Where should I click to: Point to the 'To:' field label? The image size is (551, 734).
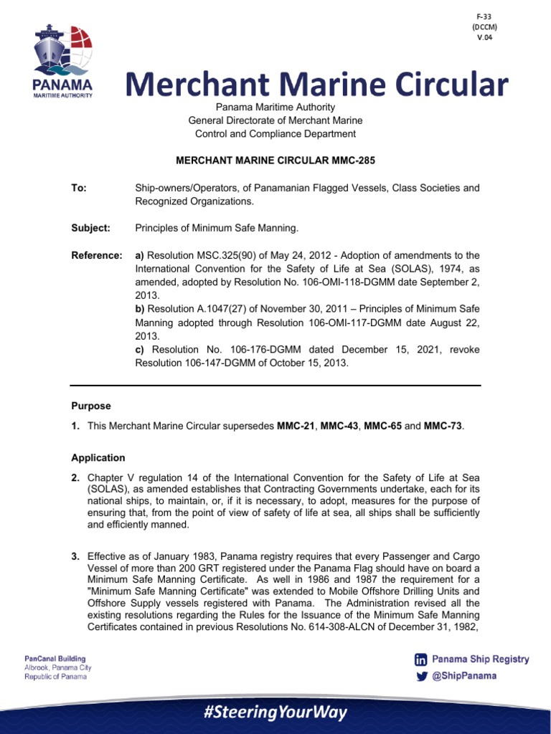pos(79,188)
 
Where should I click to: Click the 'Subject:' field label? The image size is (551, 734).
pos(90,228)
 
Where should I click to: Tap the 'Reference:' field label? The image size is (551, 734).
pos(96,255)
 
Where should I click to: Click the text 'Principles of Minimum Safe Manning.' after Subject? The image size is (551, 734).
pos(216,228)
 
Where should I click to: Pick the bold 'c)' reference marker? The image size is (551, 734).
pos(140,349)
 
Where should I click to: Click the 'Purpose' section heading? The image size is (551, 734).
pos(91,406)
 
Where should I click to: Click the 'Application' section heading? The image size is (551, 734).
pos(98,457)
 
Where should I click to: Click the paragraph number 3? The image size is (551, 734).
pos(75,556)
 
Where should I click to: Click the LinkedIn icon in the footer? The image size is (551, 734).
pos(420,659)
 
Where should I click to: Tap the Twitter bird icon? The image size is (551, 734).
pos(420,675)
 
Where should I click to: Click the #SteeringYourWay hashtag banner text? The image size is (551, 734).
pos(275,712)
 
